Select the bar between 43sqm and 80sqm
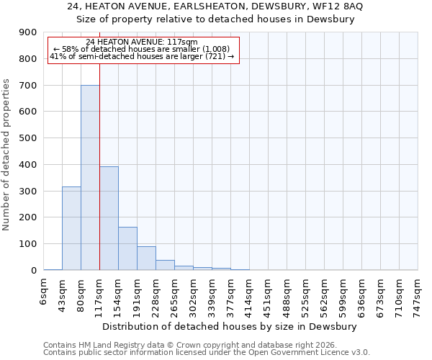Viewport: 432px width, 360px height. click(71, 228)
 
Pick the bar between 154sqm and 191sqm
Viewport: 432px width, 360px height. click(127, 248)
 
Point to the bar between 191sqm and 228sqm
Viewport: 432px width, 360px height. click(146, 258)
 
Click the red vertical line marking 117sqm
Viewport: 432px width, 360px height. click(99, 180)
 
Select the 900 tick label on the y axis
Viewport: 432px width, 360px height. click(28, 32)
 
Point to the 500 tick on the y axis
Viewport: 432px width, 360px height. click(28, 138)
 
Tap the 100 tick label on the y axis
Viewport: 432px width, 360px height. click(28, 244)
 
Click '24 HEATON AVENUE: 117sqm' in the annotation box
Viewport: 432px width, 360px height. click(141, 42)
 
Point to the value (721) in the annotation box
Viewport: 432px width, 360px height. click(215, 55)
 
